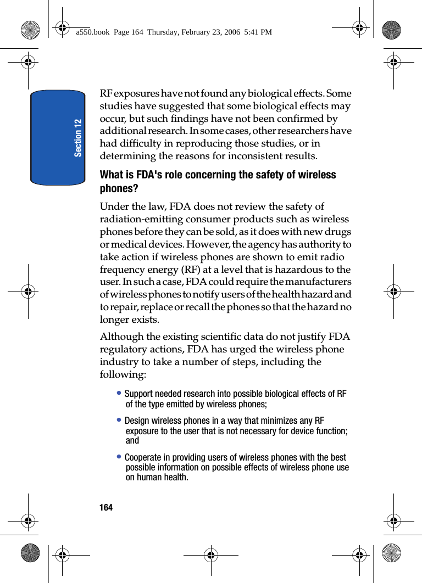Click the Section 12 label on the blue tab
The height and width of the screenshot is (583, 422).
click(78, 137)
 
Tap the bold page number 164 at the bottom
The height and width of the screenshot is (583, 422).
click(106, 507)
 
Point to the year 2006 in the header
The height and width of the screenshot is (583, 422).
click(232, 32)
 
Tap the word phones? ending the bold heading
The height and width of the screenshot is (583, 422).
click(119, 188)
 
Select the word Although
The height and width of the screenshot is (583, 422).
click(123, 337)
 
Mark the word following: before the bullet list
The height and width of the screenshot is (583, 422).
click(123, 374)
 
